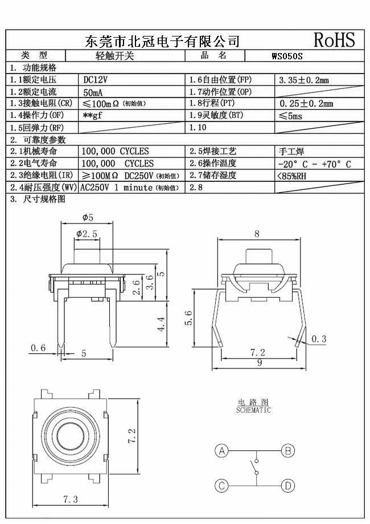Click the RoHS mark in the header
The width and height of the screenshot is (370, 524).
point(334,39)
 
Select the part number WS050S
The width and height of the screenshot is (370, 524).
point(287,56)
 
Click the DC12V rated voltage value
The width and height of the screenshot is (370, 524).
point(96,80)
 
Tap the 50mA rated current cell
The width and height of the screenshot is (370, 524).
point(93,92)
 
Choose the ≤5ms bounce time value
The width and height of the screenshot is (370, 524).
point(291,116)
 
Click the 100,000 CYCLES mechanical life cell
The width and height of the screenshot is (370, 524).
point(116,151)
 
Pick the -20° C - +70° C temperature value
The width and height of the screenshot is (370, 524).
point(314,164)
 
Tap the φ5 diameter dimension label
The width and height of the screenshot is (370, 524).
point(88,217)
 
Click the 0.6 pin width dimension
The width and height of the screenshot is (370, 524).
point(38,348)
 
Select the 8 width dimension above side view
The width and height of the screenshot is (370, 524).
point(257,233)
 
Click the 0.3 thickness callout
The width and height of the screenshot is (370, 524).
point(319,339)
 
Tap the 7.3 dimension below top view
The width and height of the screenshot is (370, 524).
point(69,499)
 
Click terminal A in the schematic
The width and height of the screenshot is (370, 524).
point(221,451)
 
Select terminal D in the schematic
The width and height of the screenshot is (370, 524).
point(288,486)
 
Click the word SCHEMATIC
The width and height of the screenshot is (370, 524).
point(254,410)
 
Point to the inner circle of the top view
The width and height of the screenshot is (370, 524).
point(69,436)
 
